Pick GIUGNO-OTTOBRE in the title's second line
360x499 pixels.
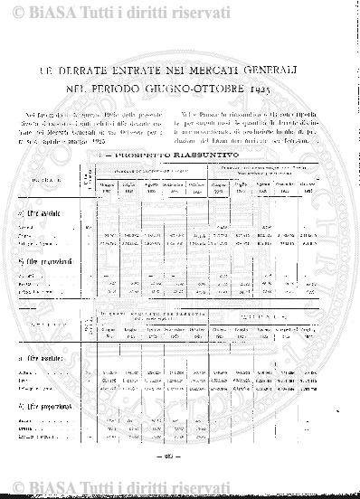[213, 89]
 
